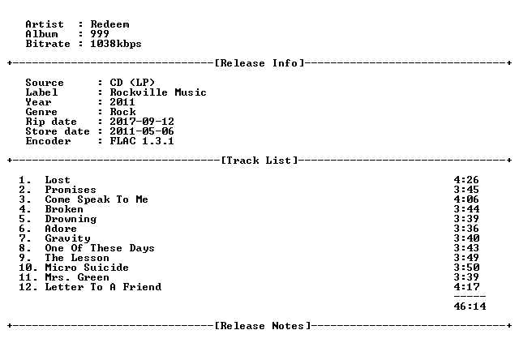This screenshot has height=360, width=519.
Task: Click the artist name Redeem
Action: [x=110, y=24]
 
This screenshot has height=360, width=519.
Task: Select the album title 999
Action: [x=100, y=34]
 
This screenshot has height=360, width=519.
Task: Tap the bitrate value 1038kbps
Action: [x=116, y=44]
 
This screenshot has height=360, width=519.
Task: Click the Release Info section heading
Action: [x=259, y=63]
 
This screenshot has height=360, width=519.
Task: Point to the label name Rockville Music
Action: [x=158, y=92]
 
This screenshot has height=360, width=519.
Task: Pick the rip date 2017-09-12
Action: [x=142, y=122]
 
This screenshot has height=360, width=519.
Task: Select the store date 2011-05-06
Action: [x=142, y=131]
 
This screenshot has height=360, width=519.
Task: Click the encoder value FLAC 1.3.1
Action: [x=142, y=141]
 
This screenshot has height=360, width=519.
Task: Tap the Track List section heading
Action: [x=259, y=161]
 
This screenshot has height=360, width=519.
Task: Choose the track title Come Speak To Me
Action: [x=97, y=199]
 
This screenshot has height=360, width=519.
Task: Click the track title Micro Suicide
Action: [x=87, y=268]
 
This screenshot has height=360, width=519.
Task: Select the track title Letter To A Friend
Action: [x=103, y=287]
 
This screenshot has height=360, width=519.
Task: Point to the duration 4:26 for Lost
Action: [x=466, y=180]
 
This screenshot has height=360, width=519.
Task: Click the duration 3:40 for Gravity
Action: [x=466, y=238]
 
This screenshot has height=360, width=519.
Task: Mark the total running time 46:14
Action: [x=470, y=306]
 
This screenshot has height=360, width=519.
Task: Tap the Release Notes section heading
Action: [x=263, y=326]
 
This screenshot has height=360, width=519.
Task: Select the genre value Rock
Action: [x=122, y=112]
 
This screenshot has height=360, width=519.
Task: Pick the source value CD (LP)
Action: [x=132, y=83]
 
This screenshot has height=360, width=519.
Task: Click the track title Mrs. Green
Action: [x=77, y=277]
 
